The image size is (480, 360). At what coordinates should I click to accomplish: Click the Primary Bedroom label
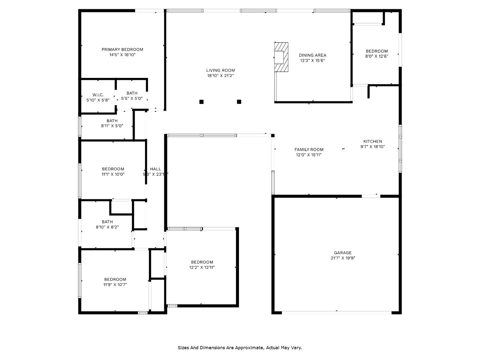[x=122, y=50]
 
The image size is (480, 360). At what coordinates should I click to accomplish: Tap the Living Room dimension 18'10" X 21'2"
[x=220, y=76]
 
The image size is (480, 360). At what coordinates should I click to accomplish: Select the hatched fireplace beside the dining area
[x=281, y=57]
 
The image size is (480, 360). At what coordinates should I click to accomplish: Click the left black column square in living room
[x=201, y=102]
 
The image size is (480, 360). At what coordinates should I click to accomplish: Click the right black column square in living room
[x=239, y=102]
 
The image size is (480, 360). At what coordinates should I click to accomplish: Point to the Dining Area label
[x=312, y=55]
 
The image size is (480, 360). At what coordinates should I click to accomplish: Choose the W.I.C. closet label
[x=98, y=95]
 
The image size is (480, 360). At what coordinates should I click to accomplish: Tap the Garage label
[x=343, y=253]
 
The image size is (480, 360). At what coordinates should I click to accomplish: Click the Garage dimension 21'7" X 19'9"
[x=343, y=258]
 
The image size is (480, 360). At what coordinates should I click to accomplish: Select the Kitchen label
[x=373, y=141]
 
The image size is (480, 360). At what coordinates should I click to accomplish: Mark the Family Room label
[x=309, y=150]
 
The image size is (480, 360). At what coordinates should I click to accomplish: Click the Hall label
[x=155, y=169]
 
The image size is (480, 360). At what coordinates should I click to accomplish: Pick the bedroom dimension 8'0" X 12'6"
[x=377, y=56]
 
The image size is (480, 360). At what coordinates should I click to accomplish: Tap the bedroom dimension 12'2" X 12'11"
[x=202, y=267]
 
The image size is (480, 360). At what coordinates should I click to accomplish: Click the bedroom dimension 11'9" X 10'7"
[x=115, y=285]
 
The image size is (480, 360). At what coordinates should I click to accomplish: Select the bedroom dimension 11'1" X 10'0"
[x=113, y=174]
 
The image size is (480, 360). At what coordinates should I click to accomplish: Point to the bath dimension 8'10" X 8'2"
[x=107, y=227]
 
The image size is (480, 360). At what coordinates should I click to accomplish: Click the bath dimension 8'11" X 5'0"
[x=112, y=126]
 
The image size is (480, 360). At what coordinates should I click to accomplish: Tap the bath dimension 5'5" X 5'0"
[x=132, y=98]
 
